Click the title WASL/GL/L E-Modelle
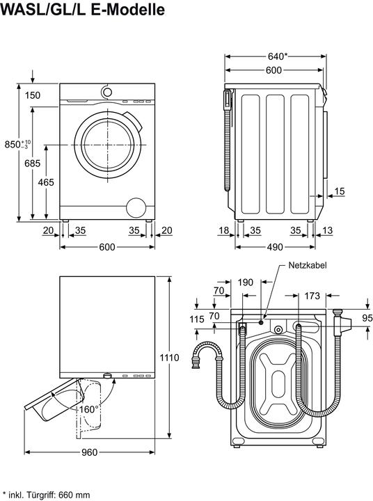point(84,11)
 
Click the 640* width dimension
point(277,56)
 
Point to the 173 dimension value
point(312,296)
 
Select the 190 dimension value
point(246,282)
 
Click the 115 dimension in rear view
point(196,319)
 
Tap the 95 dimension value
point(366,319)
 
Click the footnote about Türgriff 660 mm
point(46,495)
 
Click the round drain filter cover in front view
point(136,207)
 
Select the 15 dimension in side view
point(339,191)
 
